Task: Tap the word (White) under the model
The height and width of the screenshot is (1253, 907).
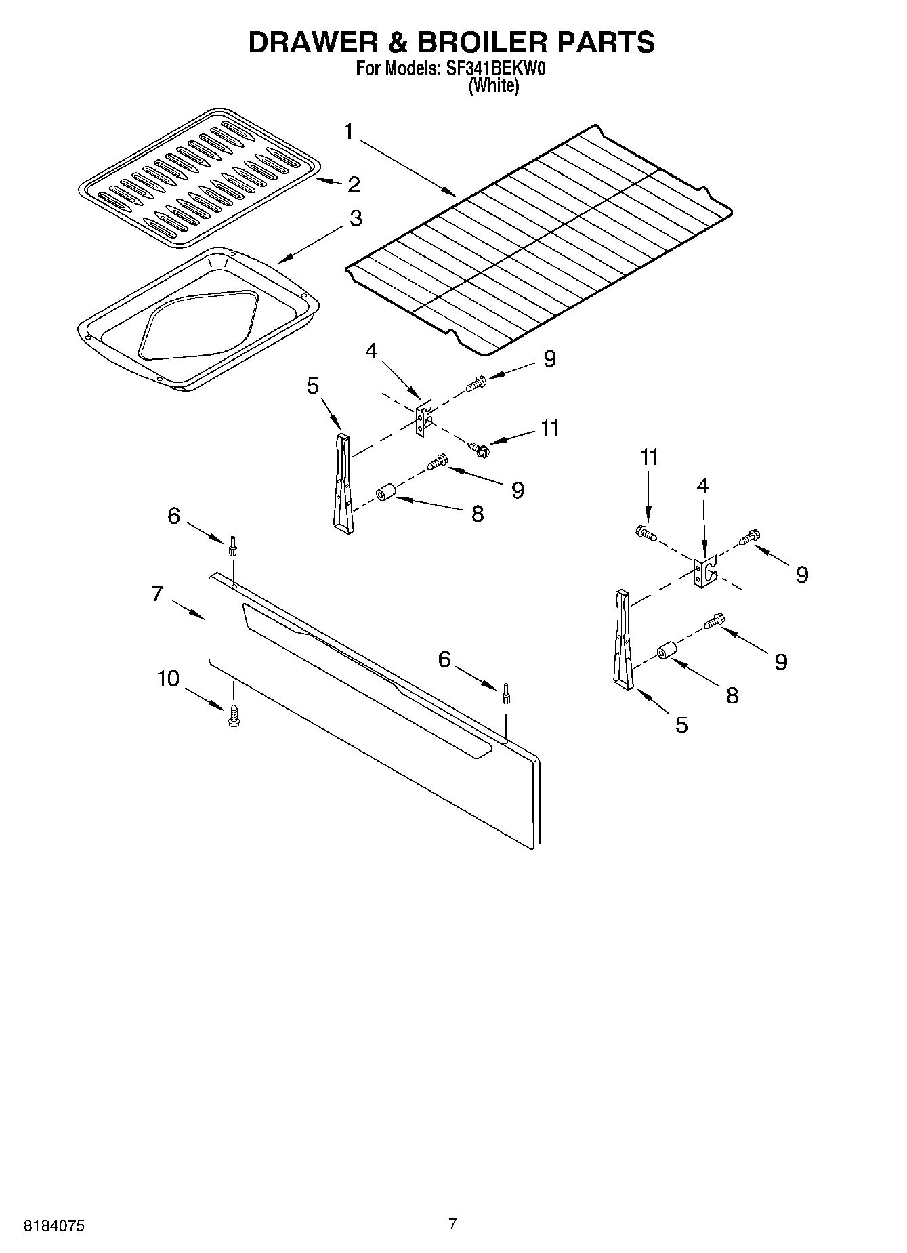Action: click(x=494, y=86)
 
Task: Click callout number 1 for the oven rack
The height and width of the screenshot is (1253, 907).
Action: click(x=349, y=131)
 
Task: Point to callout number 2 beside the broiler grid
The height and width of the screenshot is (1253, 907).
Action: click(x=354, y=184)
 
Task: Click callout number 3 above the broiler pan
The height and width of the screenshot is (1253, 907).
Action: click(x=355, y=219)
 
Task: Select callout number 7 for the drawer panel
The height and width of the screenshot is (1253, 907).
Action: click(x=157, y=594)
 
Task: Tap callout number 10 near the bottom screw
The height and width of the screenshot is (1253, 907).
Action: click(x=168, y=678)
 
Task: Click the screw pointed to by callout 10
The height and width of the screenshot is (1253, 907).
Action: click(x=234, y=715)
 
